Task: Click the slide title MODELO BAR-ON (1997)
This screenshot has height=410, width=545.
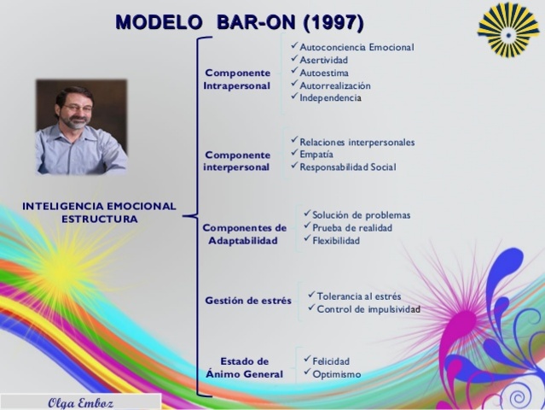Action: click(x=240, y=22)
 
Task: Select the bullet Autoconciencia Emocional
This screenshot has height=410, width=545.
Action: click(x=357, y=47)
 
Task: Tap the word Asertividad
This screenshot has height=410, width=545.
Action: click(x=324, y=60)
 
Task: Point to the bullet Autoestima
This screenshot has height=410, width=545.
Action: click(x=324, y=73)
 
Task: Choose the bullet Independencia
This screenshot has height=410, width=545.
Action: click(x=330, y=97)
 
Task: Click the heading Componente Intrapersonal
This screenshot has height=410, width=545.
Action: click(x=237, y=79)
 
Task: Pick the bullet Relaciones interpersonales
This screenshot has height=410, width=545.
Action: click(x=357, y=142)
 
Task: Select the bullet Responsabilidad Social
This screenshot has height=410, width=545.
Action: click(x=348, y=167)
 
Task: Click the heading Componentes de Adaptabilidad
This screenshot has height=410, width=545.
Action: click(x=244, y=234)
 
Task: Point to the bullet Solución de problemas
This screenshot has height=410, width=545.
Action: click(x=362, y=215)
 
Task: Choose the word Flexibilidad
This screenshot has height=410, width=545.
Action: click(x=336, y=241)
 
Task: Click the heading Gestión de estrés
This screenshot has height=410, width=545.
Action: click(x=248, y=301)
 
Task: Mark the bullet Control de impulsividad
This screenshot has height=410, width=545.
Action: click(x=368, y=309)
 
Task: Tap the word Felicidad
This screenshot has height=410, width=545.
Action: click(x=331, y=361)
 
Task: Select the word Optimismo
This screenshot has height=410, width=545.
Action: click(x=336, y=374)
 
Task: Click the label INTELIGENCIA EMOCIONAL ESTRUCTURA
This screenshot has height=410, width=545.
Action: click(x=99, y=213)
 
